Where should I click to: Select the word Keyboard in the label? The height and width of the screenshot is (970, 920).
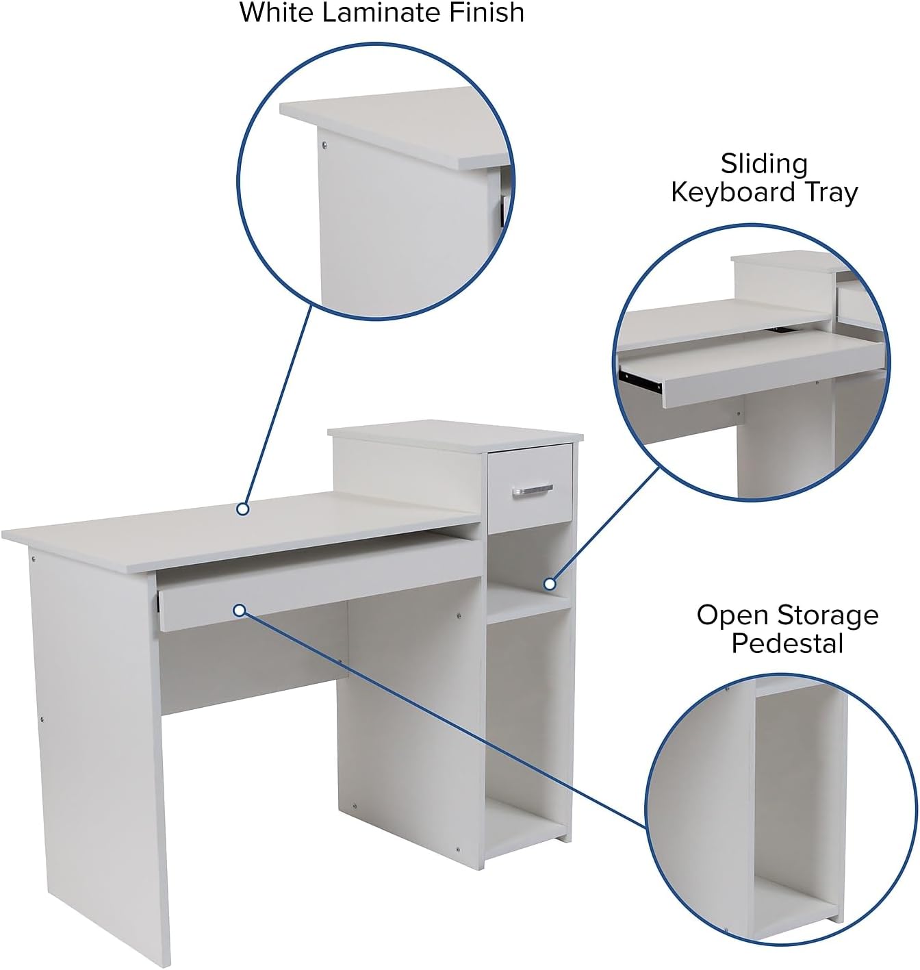click(x=732, y=192)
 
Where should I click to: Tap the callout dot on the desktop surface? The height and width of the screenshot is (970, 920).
click(x=242, y=509)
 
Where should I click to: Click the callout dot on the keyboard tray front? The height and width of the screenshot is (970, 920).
click(x=240, y=611)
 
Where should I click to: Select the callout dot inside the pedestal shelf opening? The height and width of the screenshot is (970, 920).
click(x=550, y=584)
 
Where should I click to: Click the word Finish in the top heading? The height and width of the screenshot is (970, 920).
click(x=486, y=12)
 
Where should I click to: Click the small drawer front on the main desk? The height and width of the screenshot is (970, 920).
click(x=530, y=487)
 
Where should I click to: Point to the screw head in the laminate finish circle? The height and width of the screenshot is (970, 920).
click(x=324, y=144)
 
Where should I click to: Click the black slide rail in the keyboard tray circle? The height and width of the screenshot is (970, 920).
click(x=641, y=380)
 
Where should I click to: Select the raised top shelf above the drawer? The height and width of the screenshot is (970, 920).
click(x=455, y=435)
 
